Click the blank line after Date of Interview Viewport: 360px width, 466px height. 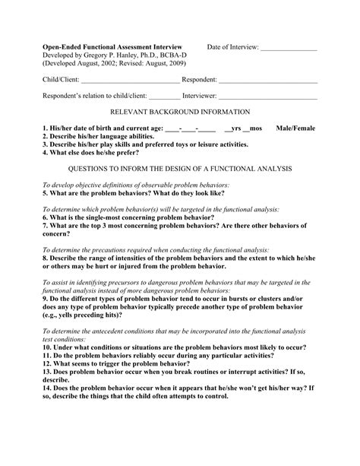(x=289, y=49)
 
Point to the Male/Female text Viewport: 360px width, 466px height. (x=296, y=128)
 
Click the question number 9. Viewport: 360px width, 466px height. (x=45, y=299)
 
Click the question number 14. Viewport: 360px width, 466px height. (x=47, y=387)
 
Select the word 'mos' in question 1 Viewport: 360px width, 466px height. (x=257, y=128)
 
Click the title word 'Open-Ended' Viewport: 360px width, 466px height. (x=63, y=47)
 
